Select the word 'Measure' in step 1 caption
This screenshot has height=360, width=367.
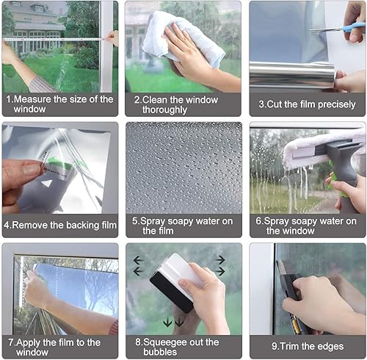pos(33,99)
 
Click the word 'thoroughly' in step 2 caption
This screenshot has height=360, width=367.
pos(164,109)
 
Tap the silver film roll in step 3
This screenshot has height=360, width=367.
pos(292,75)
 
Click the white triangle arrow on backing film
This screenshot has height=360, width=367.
pos(47,184)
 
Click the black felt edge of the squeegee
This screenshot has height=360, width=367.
pos(171,292)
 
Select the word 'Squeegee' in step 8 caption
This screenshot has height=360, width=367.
pos(164,342)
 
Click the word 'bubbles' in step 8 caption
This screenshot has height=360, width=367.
pos(160,352)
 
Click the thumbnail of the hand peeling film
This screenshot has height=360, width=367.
pos(60,168)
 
